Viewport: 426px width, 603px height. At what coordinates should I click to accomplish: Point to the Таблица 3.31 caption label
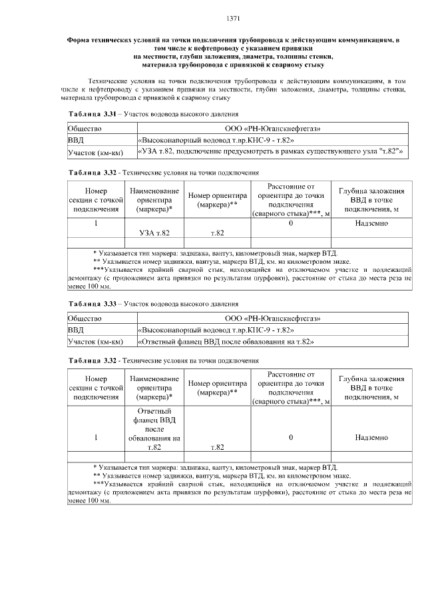pyautogui.click(x=93, y=114)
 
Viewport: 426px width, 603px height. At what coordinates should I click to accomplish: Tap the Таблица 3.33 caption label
pyautogui.click(x=93, y=304)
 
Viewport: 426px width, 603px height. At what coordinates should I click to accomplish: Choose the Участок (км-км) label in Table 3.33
pyautogui.click(x=96, y=342)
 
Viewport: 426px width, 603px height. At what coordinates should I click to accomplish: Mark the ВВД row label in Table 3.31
pyautogui.click(x=77, y=141)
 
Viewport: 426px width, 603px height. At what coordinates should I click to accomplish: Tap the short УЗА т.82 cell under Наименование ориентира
pyautogui.click(x=154, y=233)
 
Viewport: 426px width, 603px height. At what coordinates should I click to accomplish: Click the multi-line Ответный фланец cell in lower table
pyautogui.click(x=154, y=430)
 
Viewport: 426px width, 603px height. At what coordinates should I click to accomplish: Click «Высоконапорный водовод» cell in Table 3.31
pyautogui.click(x=217, y=141)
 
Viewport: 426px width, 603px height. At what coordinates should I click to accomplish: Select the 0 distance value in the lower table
pyautogui.click(x=291, y=438)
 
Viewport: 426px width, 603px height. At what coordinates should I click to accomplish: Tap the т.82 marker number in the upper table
pyautogui.click(x=217, y=233)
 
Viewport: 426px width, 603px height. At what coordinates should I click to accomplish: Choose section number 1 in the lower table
pyautogui.click(x=97, y=438)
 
